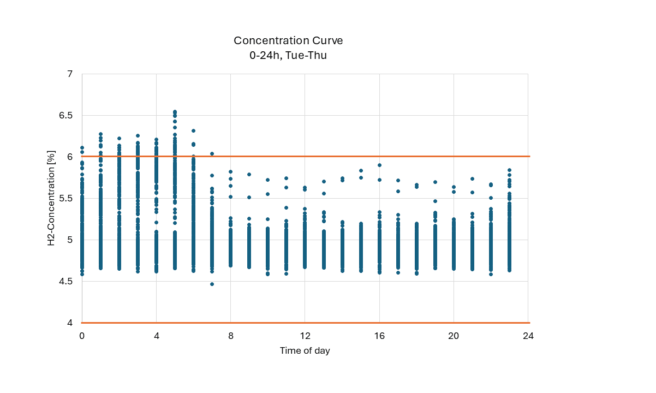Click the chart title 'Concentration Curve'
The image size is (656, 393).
coord(288,41)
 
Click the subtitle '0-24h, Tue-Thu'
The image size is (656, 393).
coord(288,55)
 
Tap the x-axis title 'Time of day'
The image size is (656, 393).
coord(305,350)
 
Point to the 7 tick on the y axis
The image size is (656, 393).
coord(70,74)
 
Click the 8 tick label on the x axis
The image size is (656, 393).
coord(231,336)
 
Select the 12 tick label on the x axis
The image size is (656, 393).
coord(305,336)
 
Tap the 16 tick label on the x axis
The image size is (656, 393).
coord(379,336)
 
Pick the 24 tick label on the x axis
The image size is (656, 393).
coord(528,336)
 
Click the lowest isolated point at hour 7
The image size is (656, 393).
coord(212,284)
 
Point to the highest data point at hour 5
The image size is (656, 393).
coord(175,112)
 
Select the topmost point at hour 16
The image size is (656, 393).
coord(379,165)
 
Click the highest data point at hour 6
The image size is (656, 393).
coord(193,131)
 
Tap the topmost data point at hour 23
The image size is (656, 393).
coord(509,170)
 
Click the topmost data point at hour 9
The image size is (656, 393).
coord(249,175)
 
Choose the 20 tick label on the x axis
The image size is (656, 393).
coord(454,336)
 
